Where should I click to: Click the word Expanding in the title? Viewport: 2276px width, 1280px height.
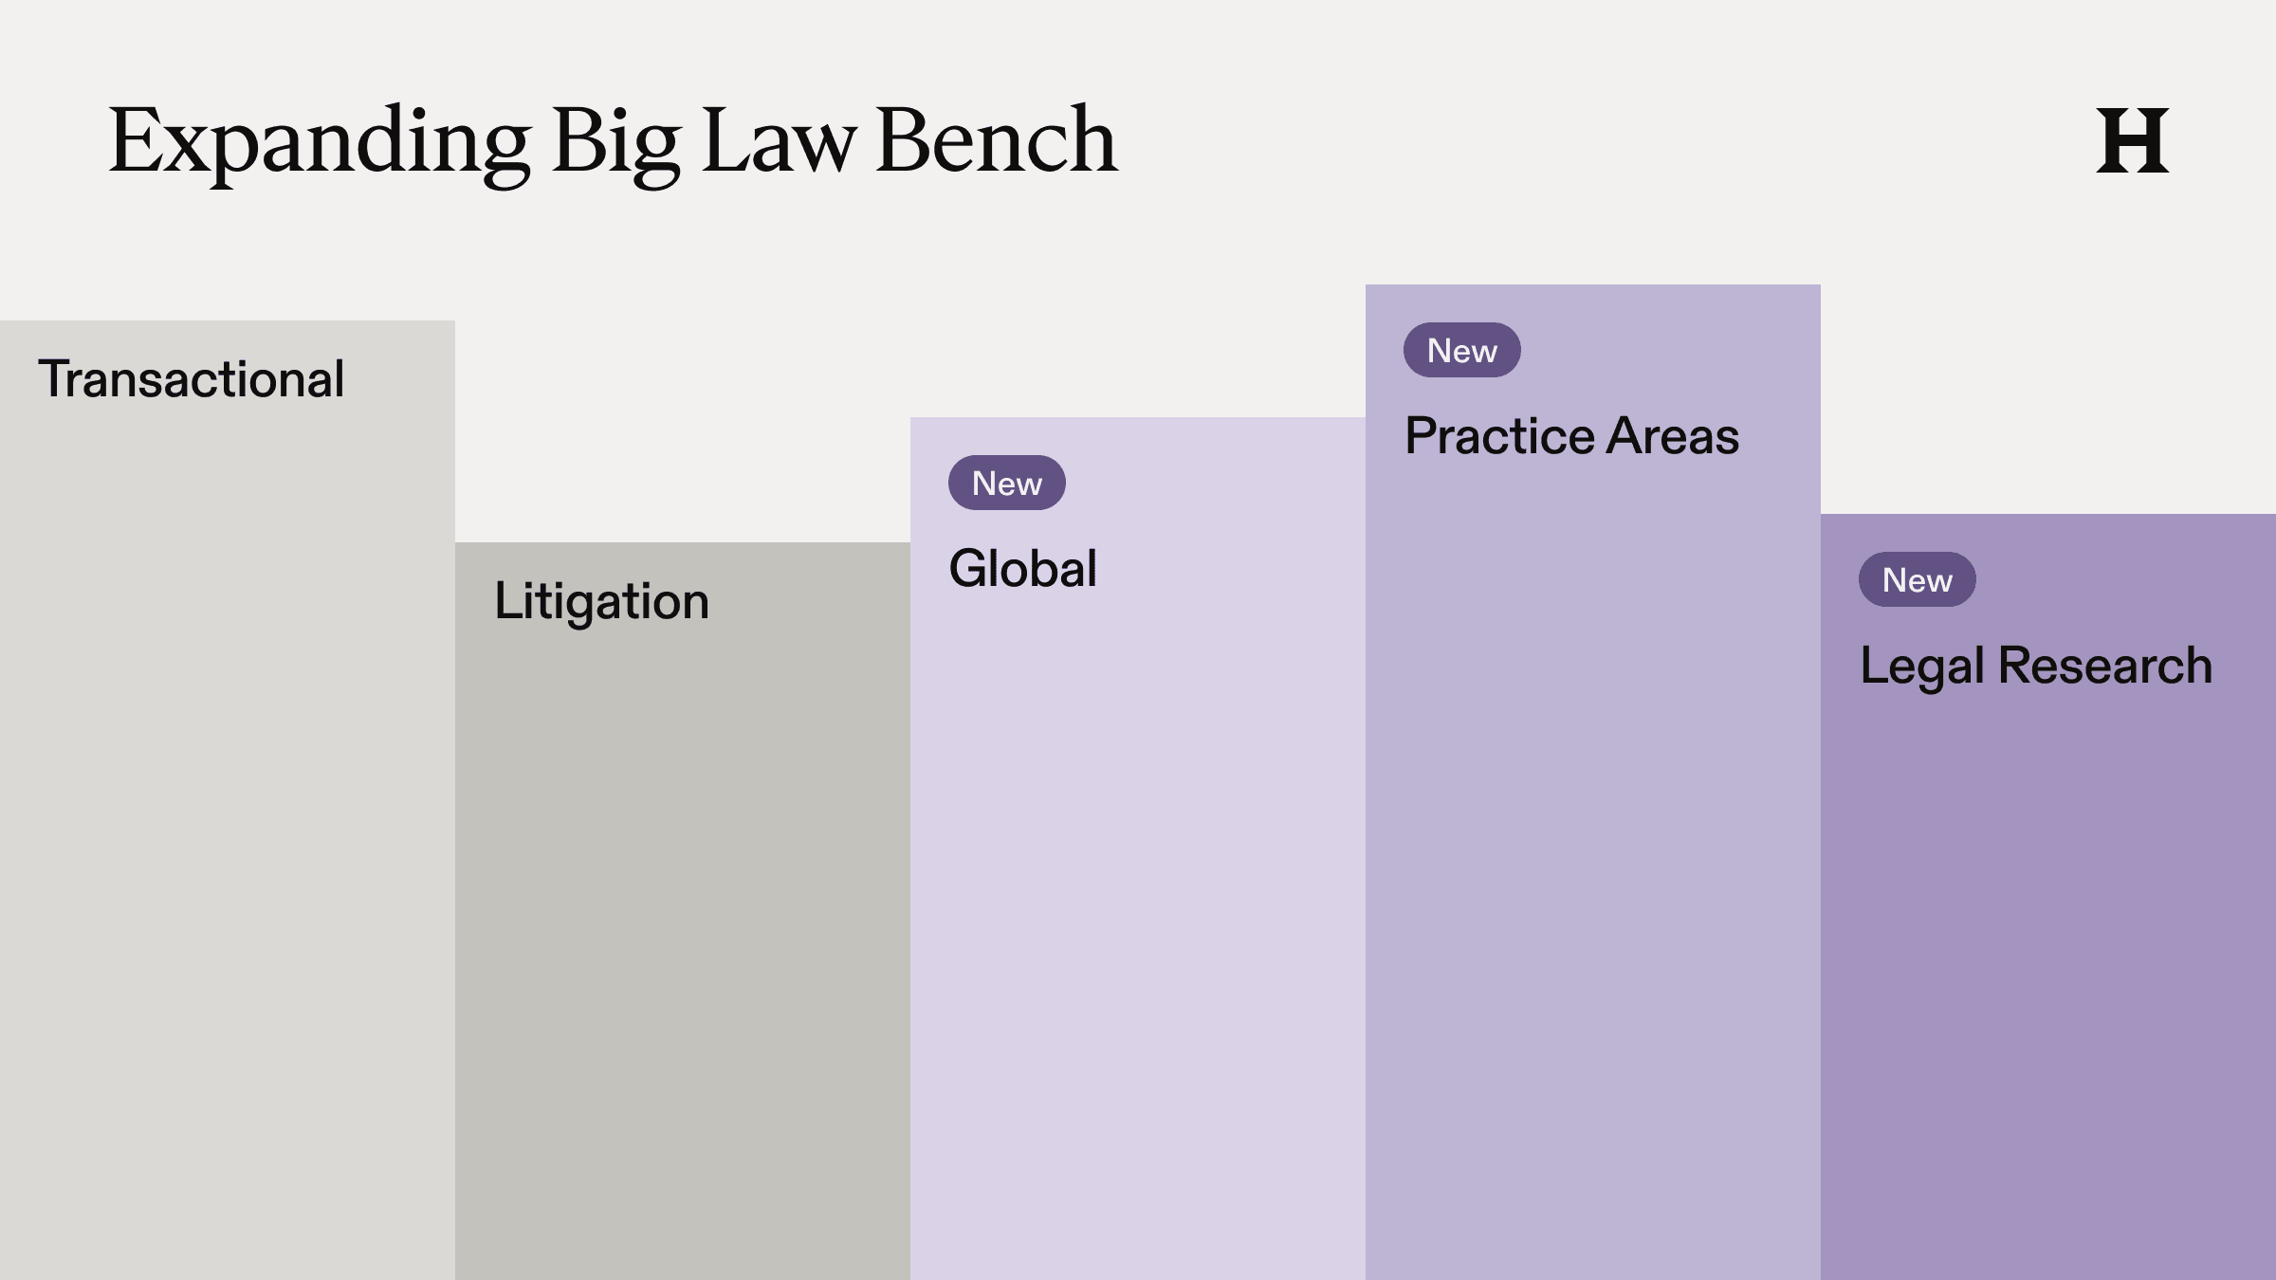pos(319,142)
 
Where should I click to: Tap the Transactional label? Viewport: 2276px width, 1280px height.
pos(191,379)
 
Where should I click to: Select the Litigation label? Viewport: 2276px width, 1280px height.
pos(601,601)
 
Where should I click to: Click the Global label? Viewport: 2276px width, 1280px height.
pos(1022,569)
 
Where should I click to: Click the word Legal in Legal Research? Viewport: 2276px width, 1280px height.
pos(1921,666)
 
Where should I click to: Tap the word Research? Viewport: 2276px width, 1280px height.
pos(2104,666)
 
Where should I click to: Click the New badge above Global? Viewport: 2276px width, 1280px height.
pos(1007,484)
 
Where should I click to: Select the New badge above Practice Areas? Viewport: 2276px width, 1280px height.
pos(1462,351)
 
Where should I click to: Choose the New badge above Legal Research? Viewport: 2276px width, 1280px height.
pos(1918,580)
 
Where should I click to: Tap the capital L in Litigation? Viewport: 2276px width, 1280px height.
pos(505,601)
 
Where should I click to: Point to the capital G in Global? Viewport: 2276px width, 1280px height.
pos(969,569)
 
